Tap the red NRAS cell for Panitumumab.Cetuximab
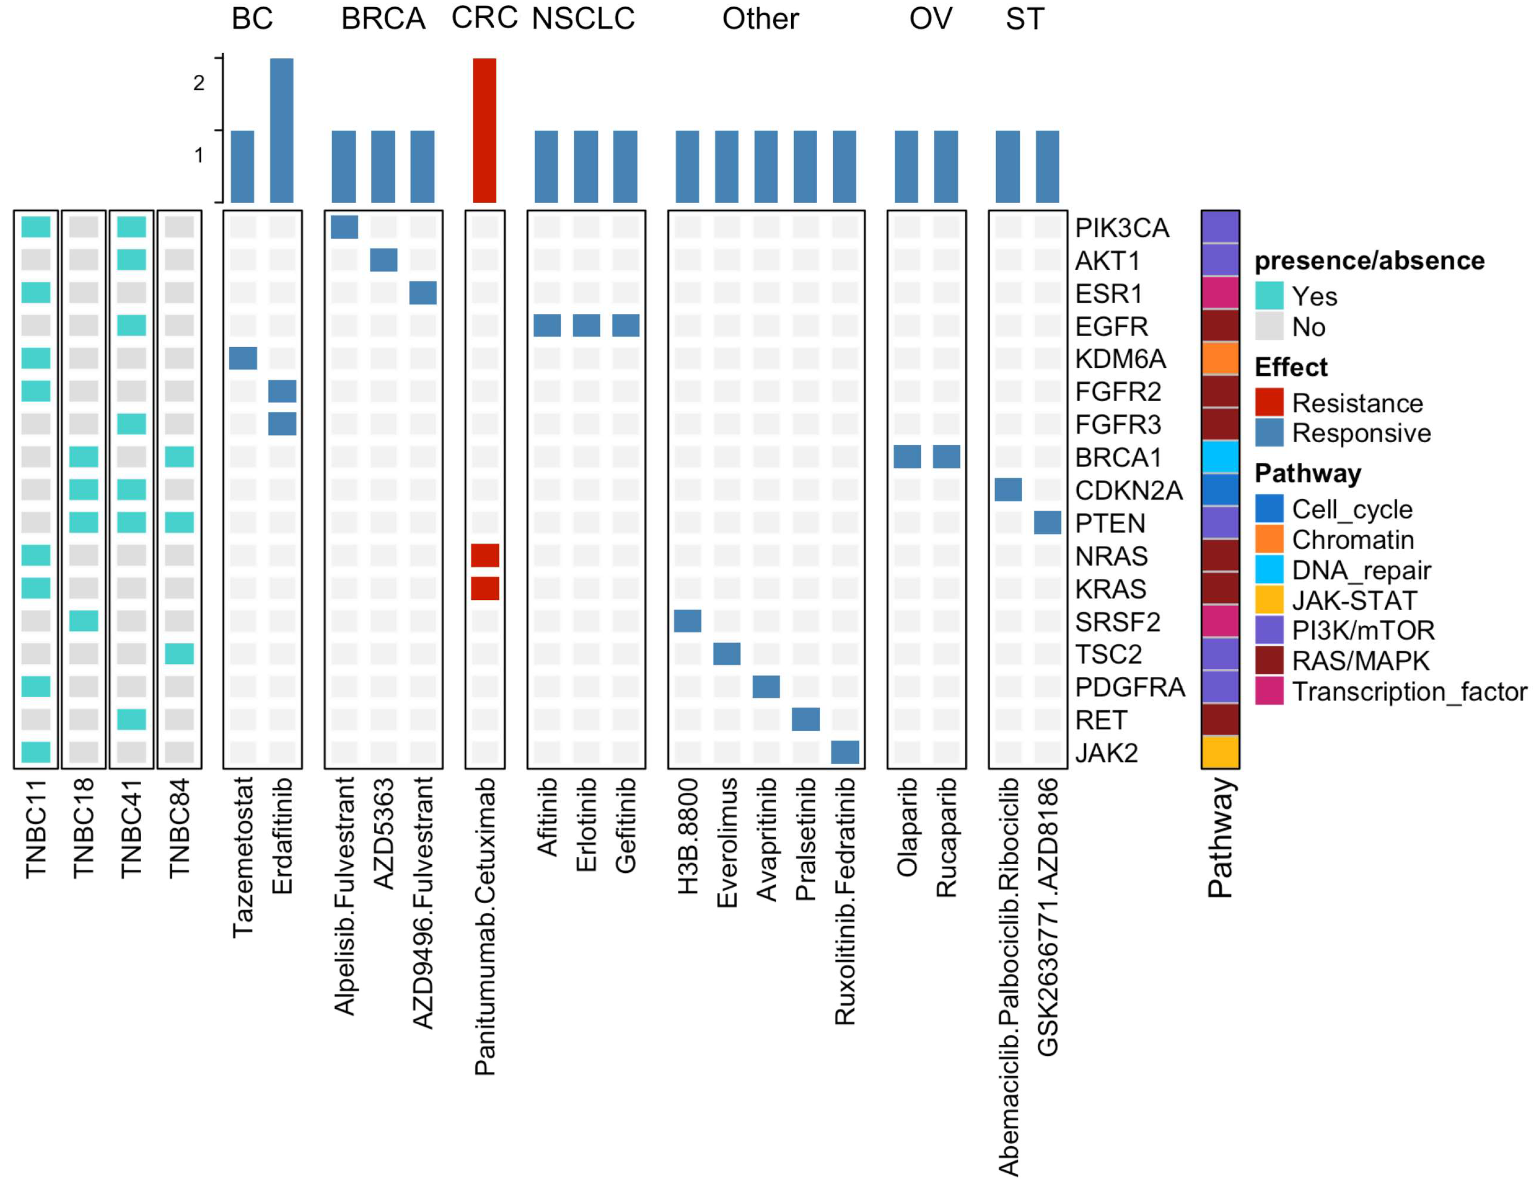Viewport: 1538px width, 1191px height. (485, 555)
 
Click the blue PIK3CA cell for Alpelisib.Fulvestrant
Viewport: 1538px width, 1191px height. (344, 227)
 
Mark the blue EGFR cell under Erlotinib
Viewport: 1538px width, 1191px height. (586, 325)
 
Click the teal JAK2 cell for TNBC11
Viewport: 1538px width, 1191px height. (36, 752)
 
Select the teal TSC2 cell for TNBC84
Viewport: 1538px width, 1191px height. (179, 654)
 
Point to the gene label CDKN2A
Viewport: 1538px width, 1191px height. (1128, 490)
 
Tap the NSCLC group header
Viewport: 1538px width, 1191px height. (583, 19)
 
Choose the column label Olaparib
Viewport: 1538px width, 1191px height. (907, 827)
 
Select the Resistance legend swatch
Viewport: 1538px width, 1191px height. (1269, 402)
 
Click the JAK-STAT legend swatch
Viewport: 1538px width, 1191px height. (1269, 600)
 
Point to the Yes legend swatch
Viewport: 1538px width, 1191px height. (1269, 296)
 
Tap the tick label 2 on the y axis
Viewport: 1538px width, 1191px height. (199, 83)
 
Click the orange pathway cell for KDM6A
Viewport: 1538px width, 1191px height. (1220, 358)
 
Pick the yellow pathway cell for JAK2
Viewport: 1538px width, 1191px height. (1220, 752)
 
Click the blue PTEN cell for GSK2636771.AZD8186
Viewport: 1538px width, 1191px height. (1047, 523)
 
